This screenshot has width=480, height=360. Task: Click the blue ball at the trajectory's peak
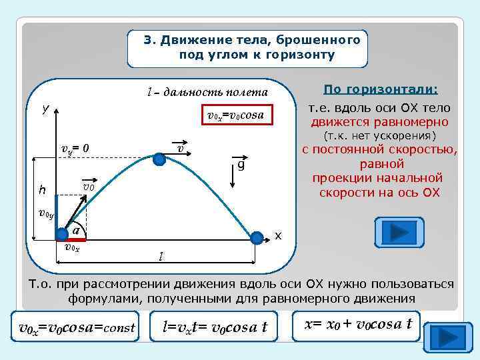(159, 159)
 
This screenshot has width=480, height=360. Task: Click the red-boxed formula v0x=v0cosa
(235, 115)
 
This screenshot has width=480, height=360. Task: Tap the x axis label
(278, 236)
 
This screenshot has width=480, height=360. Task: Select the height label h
(42, 190)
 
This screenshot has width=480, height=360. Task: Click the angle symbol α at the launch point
(77, 229)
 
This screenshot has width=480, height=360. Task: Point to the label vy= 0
(75, 148)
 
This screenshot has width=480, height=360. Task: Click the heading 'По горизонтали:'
(380, 89)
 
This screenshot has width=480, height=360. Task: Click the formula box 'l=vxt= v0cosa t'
(215, 327)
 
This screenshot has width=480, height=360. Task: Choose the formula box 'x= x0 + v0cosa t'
(359, 325)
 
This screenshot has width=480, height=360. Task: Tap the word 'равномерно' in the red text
(412, 122)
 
